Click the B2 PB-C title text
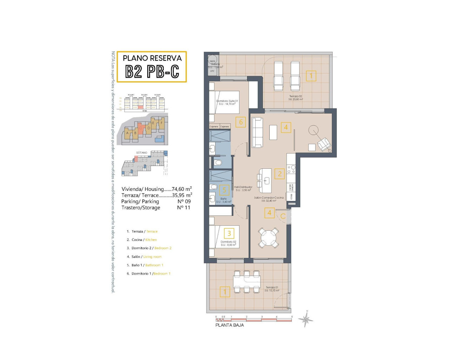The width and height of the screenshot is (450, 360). (x=152, y=72)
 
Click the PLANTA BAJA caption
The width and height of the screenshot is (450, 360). (x=229, y=325)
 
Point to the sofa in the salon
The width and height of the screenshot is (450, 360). (x=257, y=133)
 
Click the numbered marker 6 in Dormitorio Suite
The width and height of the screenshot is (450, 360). (x=241, y=122)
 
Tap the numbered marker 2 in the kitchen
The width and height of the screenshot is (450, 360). (x=279, y=174)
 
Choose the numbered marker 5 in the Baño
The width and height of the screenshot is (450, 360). (x=224, y=190)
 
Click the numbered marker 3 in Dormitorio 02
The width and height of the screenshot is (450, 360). (x=229, y=233)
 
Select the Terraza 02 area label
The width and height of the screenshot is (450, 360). (x=295, y=98)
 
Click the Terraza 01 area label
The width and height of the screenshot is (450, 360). (x=272, y=289)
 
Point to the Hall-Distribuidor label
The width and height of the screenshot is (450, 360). (x=243, y=188)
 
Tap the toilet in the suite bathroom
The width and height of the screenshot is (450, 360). (x=218, y=162)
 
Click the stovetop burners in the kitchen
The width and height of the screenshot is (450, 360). (x=291, y=169)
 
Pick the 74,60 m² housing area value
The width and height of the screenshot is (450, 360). (x=182, y=189)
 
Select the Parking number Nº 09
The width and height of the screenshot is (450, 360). (x=184, y=201)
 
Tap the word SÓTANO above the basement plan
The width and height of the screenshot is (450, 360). (x=142, y=153)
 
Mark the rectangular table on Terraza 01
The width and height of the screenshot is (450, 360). (x=247, y=282)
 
